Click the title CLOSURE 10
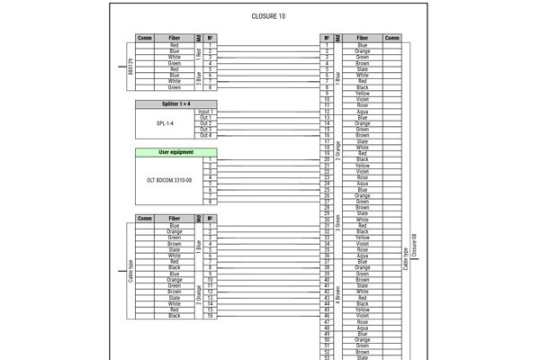pyautogui.click(x=269, y=16)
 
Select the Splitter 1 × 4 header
pyautogui.click(x=175, y=103)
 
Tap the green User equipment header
pyautogui.click(x=175, y=152)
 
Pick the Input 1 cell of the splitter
pyautogui.click(x=205, y=112)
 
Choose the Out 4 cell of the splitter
pyautogui.click(x=205, y=135)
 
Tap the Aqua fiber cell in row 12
pyautogui.click(x=362, y=112)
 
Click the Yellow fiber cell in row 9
pyautogui.click(x=362, y=94)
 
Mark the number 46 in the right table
pyautogui.click(x=327, y=316)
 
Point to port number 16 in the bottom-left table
pyautogui.click(x=209, y=316)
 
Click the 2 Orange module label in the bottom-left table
pyautogui.click(x=198, y=295)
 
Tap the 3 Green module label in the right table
pyautogui.click(x=338, y=222)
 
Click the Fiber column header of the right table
pyautogui.click(x=362, y=38)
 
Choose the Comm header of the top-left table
pyautogui.click(x=145, y=38)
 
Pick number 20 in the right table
pyautogui.click(x=327, y=159)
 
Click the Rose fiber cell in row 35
pyautogui.click(x=362, y=249)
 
